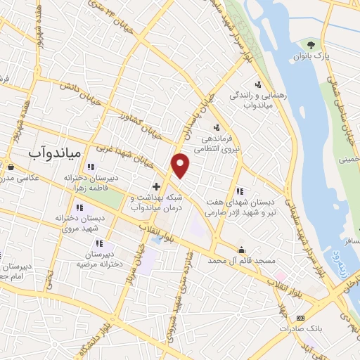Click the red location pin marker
(x=181, y=166)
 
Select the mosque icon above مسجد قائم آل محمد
(x=243, y=249)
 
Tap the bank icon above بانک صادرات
(x=300, y=318)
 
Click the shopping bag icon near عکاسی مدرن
(x=11, y=167)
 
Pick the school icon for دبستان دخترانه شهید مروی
(x=79, y=207)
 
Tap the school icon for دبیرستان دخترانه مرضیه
(x=99, y=243)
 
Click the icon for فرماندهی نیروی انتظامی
(x=217, y=127)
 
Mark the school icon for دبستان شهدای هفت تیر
(x=240, y=190)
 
